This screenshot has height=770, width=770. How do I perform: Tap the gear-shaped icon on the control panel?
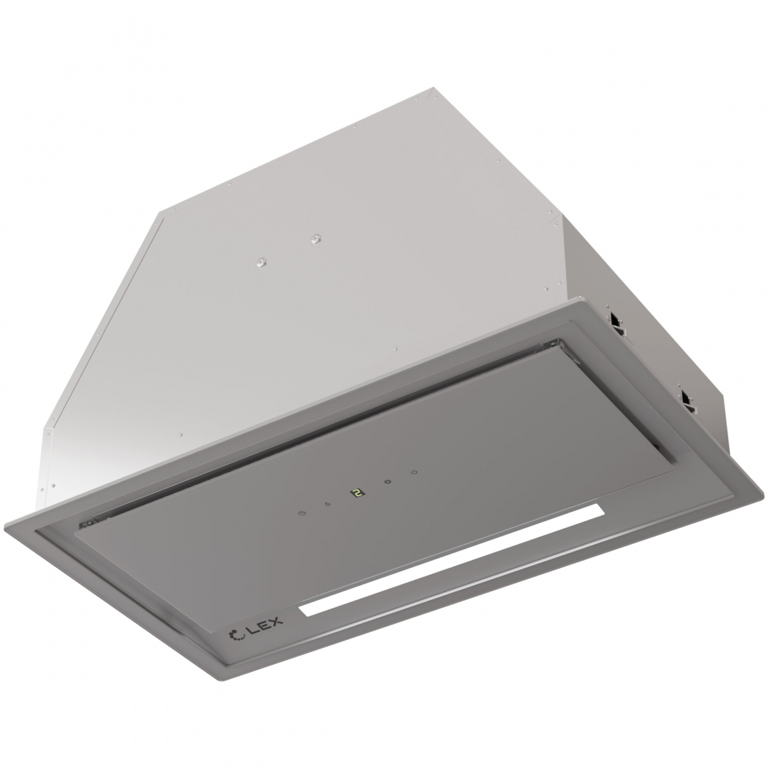(387, 482)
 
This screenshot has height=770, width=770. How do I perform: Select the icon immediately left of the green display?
(329, 504)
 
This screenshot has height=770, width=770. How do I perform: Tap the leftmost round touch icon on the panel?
(302, 513)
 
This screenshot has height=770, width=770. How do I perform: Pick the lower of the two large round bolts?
(262, 262)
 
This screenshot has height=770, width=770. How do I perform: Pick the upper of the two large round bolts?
(316, 239)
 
